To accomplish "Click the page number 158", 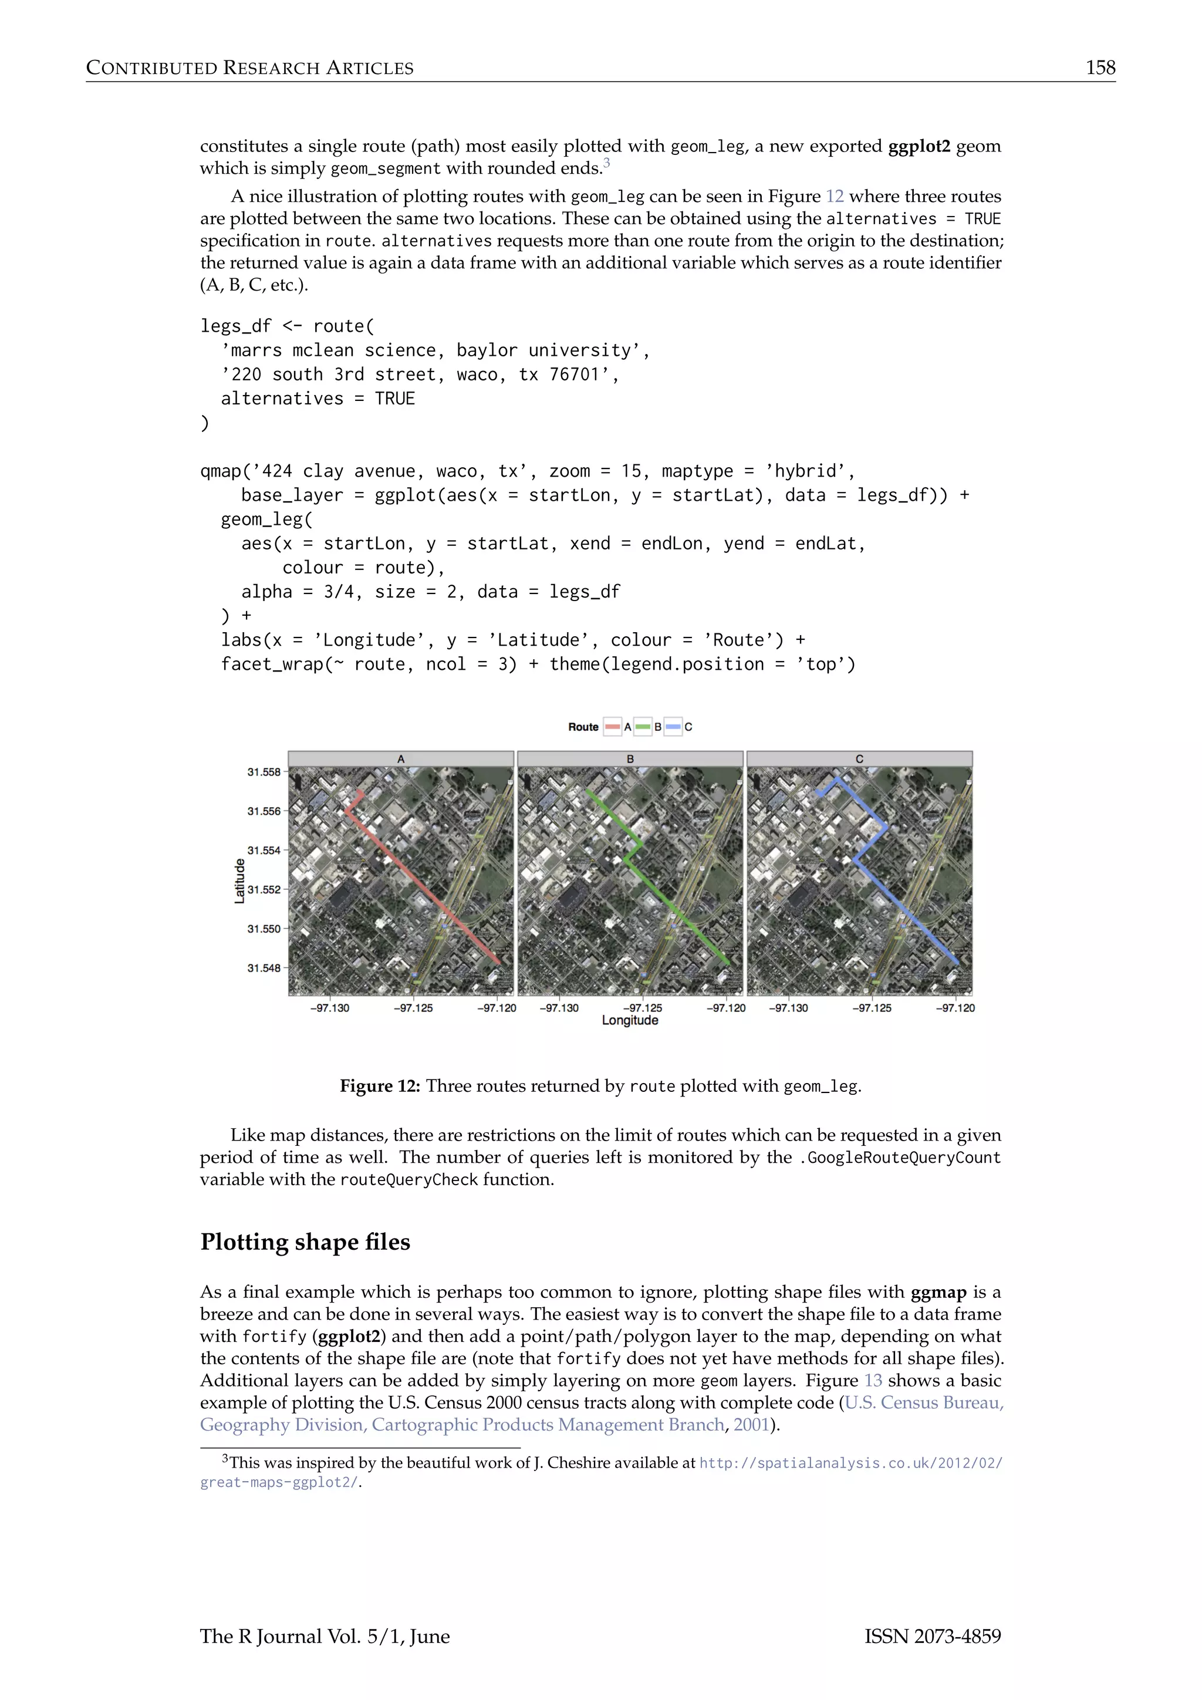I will point(1099,68).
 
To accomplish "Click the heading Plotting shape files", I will point(305,1241).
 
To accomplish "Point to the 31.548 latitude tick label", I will point(264,968).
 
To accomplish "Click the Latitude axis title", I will point(239,881).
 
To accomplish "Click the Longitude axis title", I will point(629,1020).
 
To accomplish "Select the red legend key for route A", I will point(612,727).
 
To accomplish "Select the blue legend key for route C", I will point(673,727).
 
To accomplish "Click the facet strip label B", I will point(630,759).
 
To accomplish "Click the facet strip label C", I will point(859,759).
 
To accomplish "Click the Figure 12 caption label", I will point(379,1086).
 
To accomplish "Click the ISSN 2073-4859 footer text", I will point(932,1637).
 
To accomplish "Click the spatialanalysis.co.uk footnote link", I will point(850,1463).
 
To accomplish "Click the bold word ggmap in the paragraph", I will point(938,1292).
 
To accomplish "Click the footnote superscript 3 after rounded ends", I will point(606,163).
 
